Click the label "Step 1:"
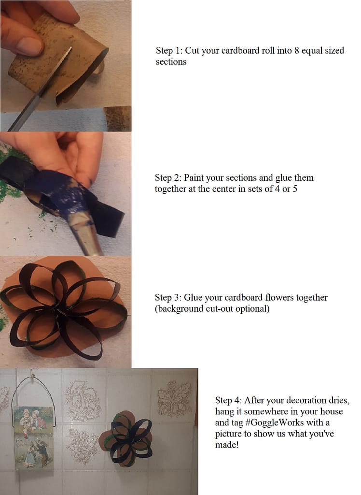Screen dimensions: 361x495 (x=169, y=50)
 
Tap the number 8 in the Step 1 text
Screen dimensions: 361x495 (x=296, y=50)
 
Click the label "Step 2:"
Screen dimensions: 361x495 (x=168, y=178)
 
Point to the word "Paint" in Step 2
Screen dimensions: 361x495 (x=194, y=178)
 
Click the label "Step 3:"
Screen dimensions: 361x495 (x=168, y=298)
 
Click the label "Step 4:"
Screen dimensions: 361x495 (x=229, y=400)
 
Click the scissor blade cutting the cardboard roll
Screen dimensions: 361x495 (x=41, y=88)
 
